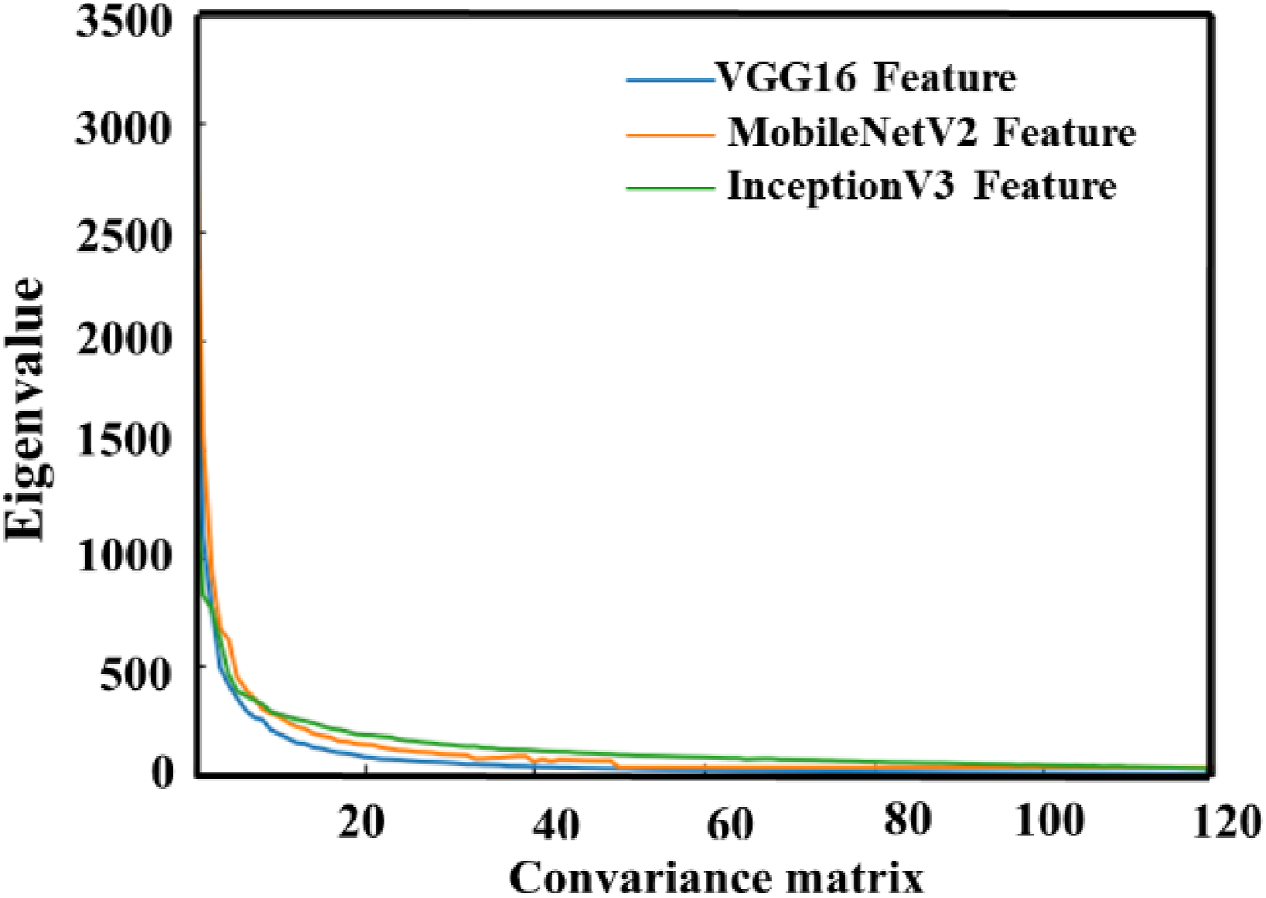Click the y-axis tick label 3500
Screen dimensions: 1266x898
[x=121, y=22]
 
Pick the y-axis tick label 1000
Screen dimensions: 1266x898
[x=121, y=555]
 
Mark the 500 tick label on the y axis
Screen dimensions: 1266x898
[x=133, y=675]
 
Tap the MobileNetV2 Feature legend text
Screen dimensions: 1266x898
[x=931, y=133]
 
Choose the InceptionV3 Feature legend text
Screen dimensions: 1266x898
[x=921, y=187]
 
